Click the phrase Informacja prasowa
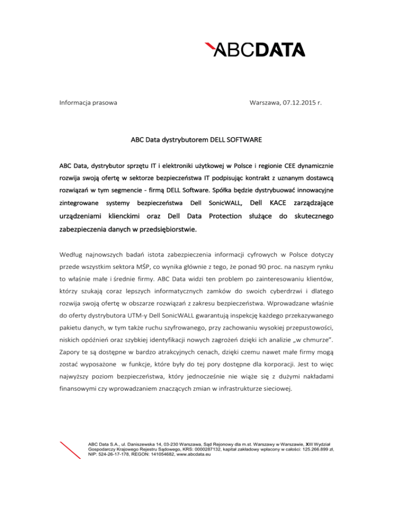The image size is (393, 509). (x=88, y=103)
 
